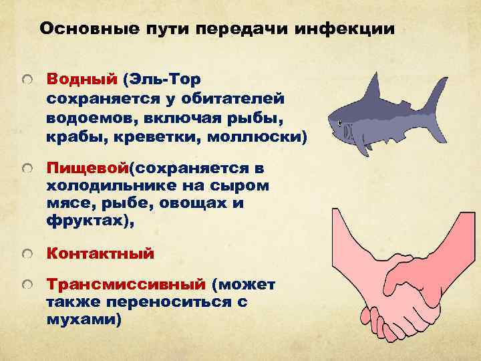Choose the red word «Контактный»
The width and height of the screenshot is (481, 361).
tap(100, 253)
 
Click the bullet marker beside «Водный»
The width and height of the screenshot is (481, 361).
tap(25, 80)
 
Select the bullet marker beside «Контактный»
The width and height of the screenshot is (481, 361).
tap(25, 255)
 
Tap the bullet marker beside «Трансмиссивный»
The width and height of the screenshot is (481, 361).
tap(25, 286)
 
